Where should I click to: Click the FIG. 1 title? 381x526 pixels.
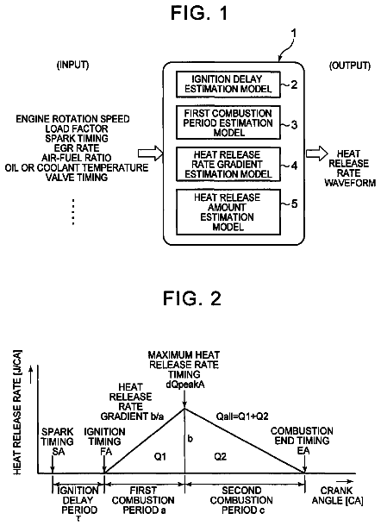click(199, 14)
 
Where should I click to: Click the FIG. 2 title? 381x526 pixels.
click(192, 297)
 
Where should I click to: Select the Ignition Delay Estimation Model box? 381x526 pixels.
click(228, 85)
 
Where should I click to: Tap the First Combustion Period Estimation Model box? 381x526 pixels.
click(228, 122)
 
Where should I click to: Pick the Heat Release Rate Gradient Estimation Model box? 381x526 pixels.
click(228, 165)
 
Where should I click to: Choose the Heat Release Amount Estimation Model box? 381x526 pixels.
click(228, 212)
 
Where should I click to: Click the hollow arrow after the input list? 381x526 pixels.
click(151, 153)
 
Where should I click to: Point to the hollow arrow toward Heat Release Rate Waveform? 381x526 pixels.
click(317, 153)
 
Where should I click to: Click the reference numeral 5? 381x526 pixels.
click(294, 204)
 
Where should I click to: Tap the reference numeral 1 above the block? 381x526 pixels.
click(293, 34)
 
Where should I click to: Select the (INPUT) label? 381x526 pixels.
click(72, 65)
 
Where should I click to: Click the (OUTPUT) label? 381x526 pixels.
click(350, 66)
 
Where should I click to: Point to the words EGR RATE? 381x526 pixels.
click(77, 148)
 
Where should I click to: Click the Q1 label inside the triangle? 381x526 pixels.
click(160, 456)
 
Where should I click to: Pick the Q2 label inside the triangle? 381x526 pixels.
click(221, 456)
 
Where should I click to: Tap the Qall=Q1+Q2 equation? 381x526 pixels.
click(242, 416)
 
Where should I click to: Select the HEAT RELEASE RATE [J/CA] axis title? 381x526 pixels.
click(17, 413)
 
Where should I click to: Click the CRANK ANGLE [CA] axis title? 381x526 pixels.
click(337, 496)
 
